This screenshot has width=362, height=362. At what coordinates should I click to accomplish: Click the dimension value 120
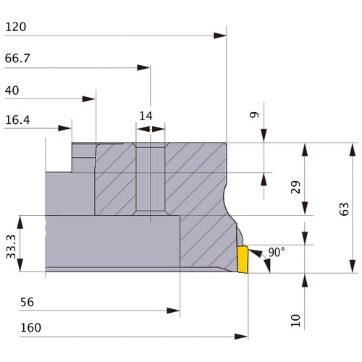(x=16, y=27)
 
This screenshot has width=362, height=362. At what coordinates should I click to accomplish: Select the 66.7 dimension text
(x=17, y=59)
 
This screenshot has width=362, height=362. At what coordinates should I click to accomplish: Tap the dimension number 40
(x=12, y=90)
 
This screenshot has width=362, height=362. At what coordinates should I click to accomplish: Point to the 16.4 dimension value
(x=17, y=120)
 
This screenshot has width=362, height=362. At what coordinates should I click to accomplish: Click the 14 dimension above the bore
(x=146, y=116)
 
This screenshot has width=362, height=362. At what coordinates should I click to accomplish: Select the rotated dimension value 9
(x=254, y=114)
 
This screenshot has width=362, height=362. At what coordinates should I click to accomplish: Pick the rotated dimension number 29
(x=295, y=187)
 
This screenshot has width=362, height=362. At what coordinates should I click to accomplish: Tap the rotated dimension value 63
(x=344, y=209)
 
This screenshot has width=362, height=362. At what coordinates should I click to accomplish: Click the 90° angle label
(x=277, y=252)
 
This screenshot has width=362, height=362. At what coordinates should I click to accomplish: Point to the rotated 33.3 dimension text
(x=11, y=247)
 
